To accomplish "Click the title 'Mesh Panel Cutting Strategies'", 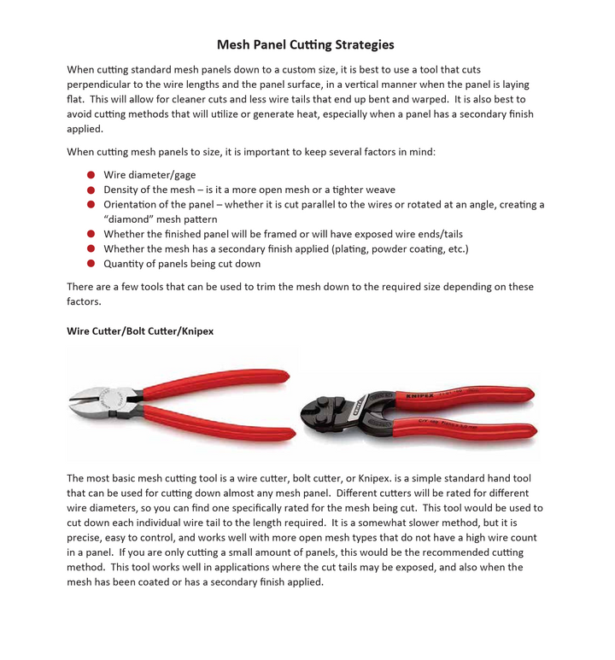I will pos(305,44).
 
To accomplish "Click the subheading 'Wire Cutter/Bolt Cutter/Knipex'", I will pos(140,331).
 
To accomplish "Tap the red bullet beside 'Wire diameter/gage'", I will pos(91,175).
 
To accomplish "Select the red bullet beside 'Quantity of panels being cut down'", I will pos(91,264).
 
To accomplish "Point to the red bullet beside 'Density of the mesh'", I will pos(91,190).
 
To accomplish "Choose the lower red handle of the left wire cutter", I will pos(222,426).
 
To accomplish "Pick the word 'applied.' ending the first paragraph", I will pos(85,130).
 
